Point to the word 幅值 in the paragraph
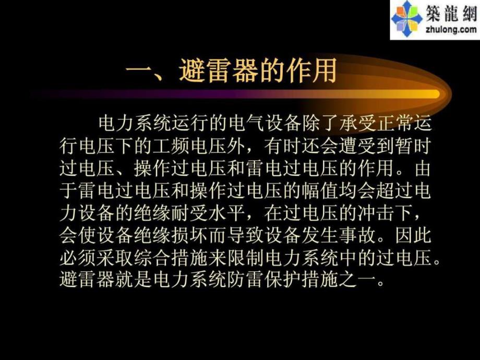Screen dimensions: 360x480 point(328,193)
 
